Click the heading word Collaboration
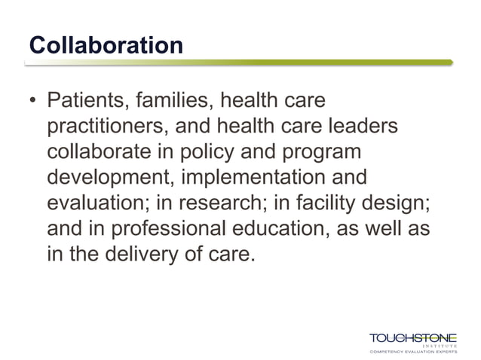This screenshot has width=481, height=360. (x=106, y=44)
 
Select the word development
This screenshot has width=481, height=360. (x=109, y=178)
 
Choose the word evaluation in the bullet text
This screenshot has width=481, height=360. (x=100, y=203)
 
